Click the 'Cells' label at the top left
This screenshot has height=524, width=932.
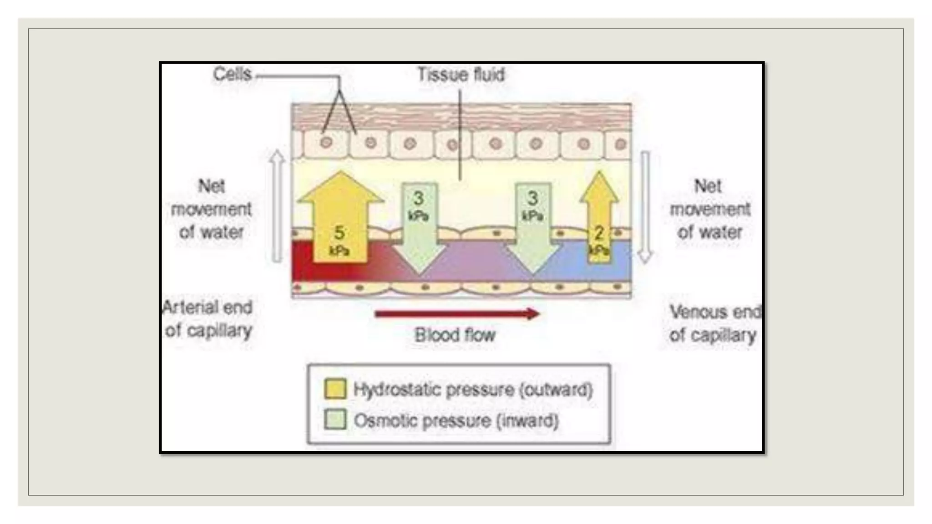[x=232, y=74]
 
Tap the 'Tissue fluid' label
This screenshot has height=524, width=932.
[x=461, y=75]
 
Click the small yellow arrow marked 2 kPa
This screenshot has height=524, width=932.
[x=599, y=218]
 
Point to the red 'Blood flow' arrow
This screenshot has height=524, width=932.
[x=457, y=314]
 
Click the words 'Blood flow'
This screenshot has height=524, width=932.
[x=455, y=335]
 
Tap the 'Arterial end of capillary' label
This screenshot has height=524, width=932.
[x=208, y=319]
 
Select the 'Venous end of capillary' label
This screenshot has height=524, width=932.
[x=714, y=323]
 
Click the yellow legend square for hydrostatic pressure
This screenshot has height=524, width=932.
[x=335, y=389]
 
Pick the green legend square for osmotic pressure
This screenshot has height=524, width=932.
[x=335, y=419]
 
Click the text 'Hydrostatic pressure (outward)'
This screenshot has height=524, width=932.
[x=473, y=390]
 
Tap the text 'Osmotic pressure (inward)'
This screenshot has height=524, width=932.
[x=456, y=420]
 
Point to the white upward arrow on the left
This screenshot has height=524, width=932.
[x=277, y=207]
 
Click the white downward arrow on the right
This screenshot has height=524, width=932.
[x=645, y=207]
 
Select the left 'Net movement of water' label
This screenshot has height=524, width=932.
[x=211, y=209]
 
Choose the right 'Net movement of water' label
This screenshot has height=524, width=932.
[x=709, y=209]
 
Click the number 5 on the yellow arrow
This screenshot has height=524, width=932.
[x=339, y=232]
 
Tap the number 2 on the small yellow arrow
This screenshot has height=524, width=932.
[x=599, y=233]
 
